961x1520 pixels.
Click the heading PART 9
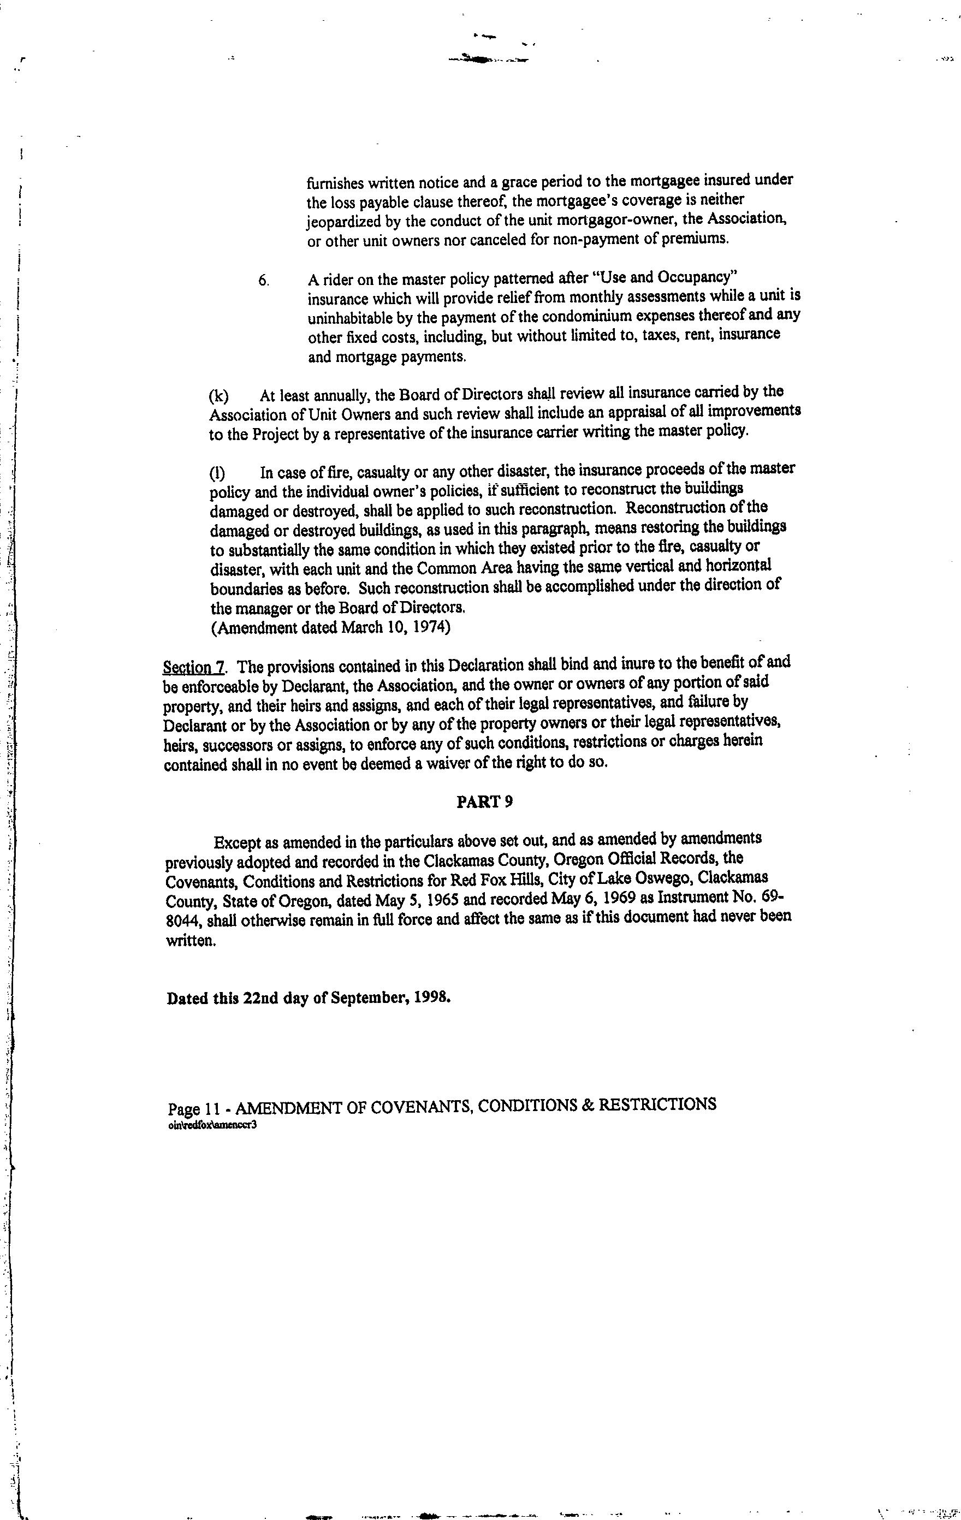484,801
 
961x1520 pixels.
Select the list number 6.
264,280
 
